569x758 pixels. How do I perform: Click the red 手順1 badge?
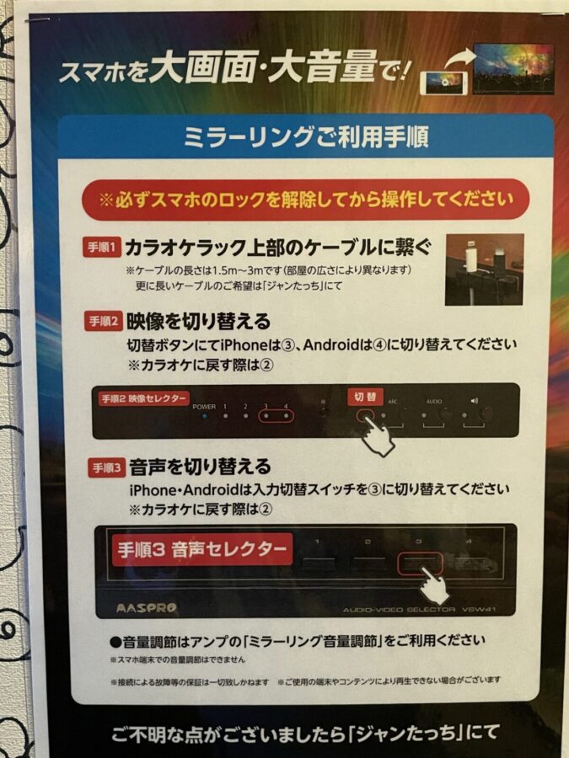click(104, 248)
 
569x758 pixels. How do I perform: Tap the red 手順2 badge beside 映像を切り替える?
click(104, 321)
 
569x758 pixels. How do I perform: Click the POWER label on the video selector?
click(204, 406)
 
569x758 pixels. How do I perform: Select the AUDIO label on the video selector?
click(433, 403)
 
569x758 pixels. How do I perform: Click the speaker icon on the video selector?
click(475, 402)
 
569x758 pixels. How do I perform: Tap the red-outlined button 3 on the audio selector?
click(419, 562)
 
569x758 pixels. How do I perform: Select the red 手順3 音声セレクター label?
click(201, 550)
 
